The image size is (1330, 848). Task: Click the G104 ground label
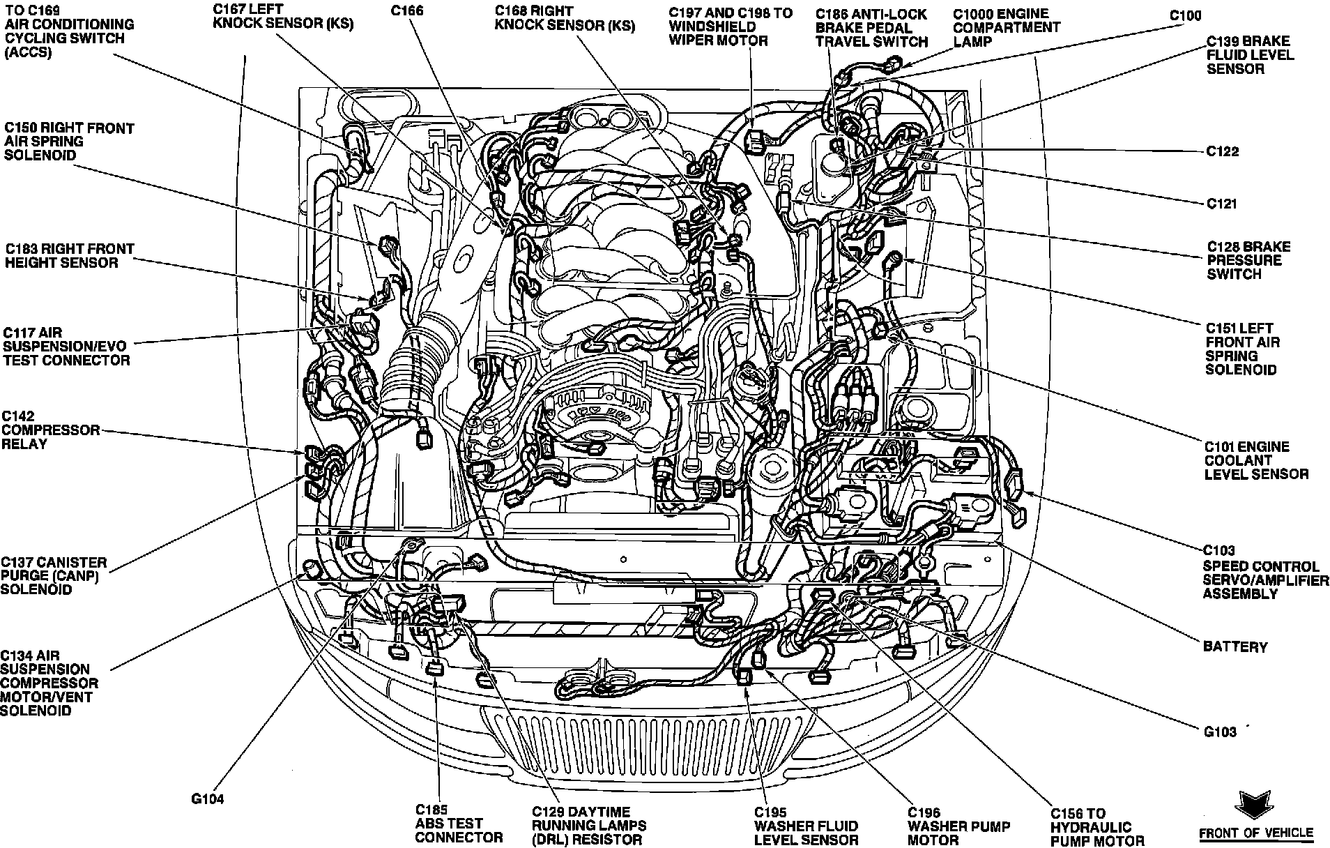pyautogui.click(x=208, y=800)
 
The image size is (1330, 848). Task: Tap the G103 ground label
pyautogui.click(x=1219, y=732)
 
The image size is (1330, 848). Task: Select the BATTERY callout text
pyautogui.click(x=1235, y=647)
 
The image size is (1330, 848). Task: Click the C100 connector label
pyautogui.click(x=1185, y=16)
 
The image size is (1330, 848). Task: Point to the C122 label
pyautogui.click(x=1222, y=151)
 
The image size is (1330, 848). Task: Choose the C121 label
pyautogui.click(x=1221, y=204)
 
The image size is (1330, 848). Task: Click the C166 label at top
pyautogui.click(x=408, y=11)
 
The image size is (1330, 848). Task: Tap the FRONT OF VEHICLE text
pyautogui.click(x=1255, y=833)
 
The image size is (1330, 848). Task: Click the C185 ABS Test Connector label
pyautogui.click(x=458, y=824)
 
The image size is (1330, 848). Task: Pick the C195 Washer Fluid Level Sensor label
pyautogui.click(x=805, y=826)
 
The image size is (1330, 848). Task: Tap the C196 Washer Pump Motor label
pyautogui.click(x=958, y=826)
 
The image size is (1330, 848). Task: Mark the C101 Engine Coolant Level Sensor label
pyautogui.click(x=1256, y=460)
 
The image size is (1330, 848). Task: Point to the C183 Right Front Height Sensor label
pyautogui.click(x=69, y=256)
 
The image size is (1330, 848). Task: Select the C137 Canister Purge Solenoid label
pyautogui.click(x=54, y=575)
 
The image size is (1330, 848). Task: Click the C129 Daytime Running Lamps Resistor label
pyautogui.click(x=588, y=826)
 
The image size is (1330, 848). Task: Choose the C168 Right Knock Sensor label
pyautogui.click(x=565, y=19)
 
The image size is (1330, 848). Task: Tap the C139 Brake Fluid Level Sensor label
pyautogui.click(x=1250, y=55)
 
